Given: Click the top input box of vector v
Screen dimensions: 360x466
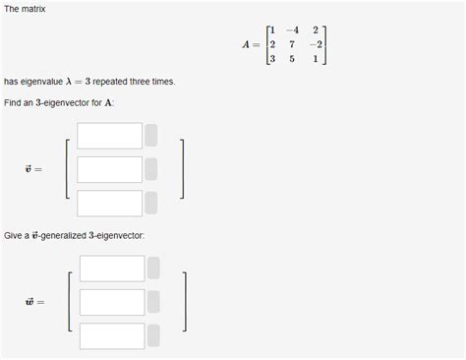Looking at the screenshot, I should (109, 136).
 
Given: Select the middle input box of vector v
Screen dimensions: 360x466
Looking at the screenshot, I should (109, 169).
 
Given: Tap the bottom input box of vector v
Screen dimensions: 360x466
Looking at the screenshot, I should (109, 203).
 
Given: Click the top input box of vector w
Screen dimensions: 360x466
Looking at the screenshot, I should (112, 269).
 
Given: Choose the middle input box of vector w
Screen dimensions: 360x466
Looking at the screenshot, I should (112, 302).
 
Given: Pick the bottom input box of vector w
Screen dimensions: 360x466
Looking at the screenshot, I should (112, 335).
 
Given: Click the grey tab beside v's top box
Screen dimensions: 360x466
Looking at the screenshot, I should (151, 136).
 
